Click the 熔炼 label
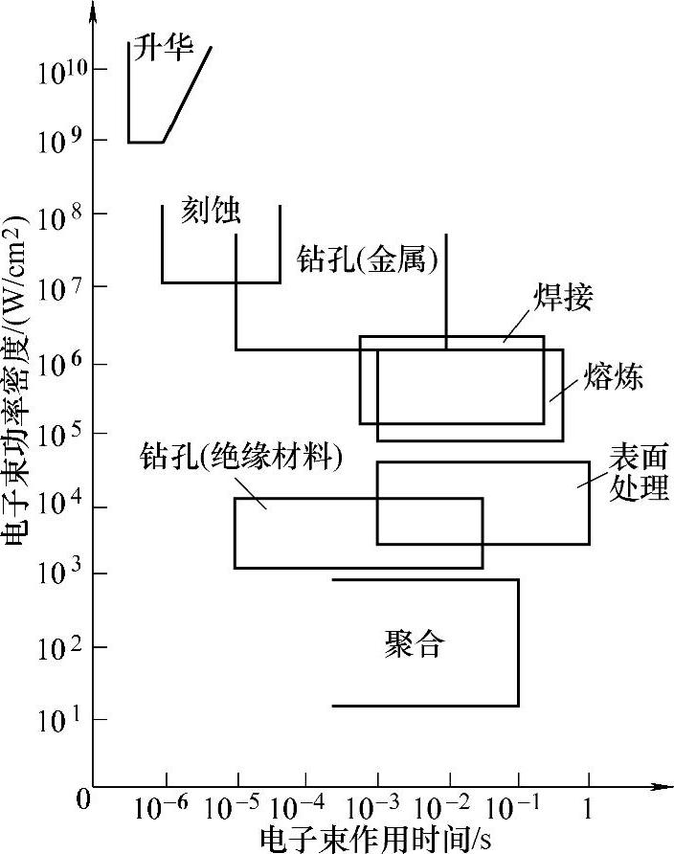612,377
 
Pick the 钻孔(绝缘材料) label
240,456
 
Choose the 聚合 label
414,643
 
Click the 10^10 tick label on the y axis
63,73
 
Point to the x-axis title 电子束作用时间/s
375,839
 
